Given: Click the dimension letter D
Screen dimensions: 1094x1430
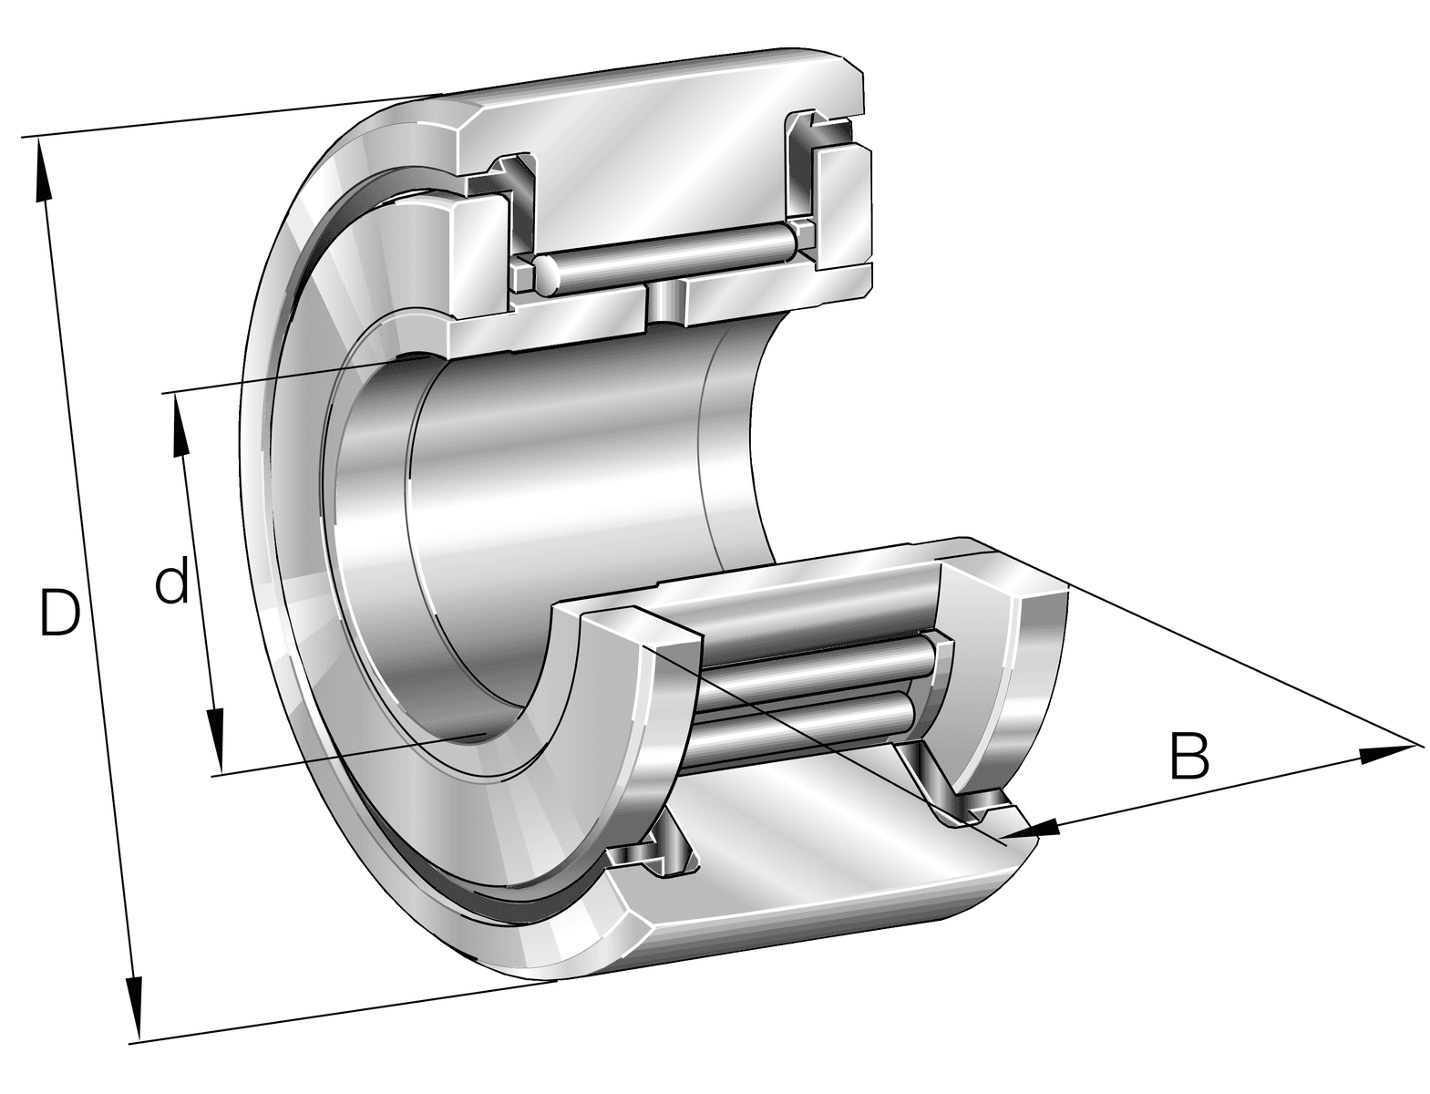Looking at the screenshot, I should click(59, 613).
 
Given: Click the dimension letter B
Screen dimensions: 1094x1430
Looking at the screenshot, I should click(1189, 756).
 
